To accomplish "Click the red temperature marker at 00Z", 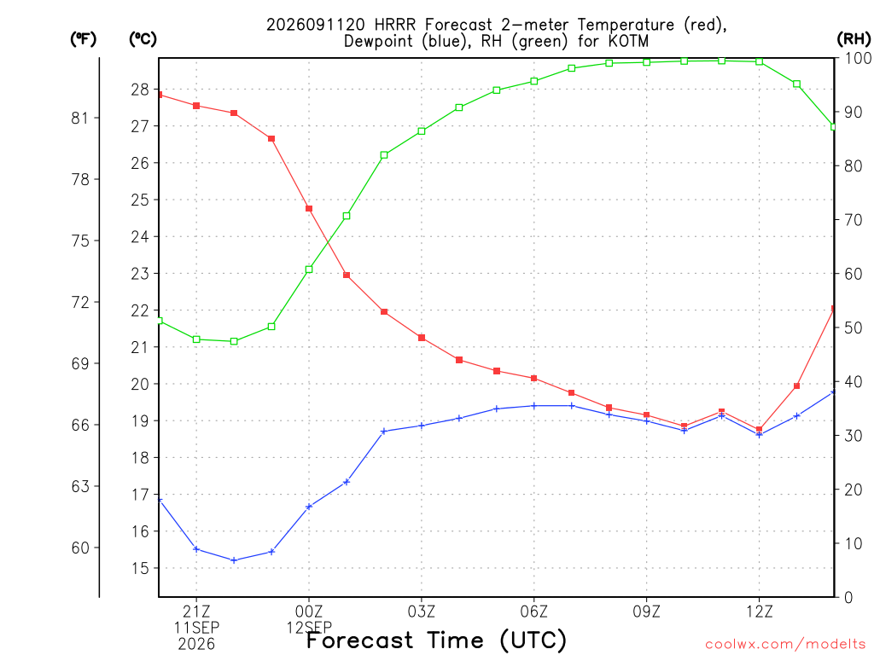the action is pyautogui.click(x=309, y=209).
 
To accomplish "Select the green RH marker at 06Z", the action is pyautogui.click(x=534, y=81).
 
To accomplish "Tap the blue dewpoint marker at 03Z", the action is pyautogui.click(x=422, y=426).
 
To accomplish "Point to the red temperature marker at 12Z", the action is pyautogui.click(x=759, y=430).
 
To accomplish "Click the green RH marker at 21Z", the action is pyautogui.click(x=196, y=339).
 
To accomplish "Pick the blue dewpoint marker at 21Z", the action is pyautogui.click(x=196, y=549).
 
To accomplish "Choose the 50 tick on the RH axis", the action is pyautogui.click(x=854, y=327).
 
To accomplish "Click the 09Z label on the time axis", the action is pyautogui.click(x=647, y=612).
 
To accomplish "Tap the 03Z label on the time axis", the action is pyautogui.click(x=422, y=612).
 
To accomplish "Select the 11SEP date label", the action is pyautogui.click(x=196, y=628).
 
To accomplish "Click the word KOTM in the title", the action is pyautogui.click(x=629, y=41).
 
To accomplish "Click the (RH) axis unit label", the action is pyautogui.click(x=854, y=39).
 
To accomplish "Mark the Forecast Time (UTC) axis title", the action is pyautogui.click(x=436, y=641).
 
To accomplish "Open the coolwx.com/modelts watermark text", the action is pyautogui.click(x=785, y=644).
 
